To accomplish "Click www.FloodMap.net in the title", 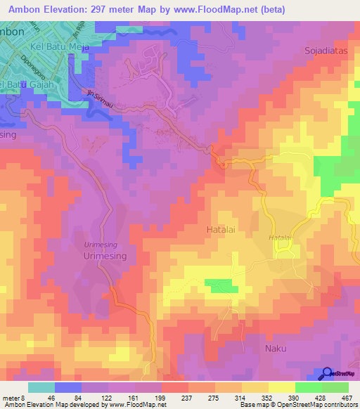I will pos(226,8).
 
